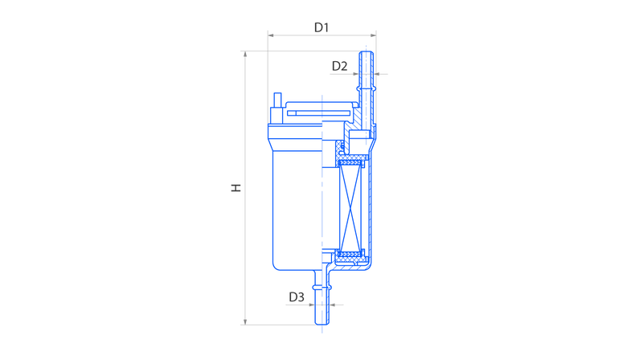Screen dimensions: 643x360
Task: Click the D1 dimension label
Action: click(x=321, y=27)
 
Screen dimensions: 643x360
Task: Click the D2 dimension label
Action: click(x=339, y=66)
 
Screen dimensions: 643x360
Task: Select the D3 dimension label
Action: click(x=297, y=297)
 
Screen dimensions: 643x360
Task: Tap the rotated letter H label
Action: click(x=236, y=188)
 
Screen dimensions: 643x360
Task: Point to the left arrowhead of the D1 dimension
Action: click(x=271, y=35)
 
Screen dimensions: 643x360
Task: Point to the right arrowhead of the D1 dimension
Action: click(x=373, y=35)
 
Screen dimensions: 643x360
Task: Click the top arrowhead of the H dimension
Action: click(x=245, y=55)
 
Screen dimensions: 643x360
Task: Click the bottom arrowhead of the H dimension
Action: click(x=245, y=322)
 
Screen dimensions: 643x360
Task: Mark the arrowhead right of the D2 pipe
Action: click(x=377, y=74)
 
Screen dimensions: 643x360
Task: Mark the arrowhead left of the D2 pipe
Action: click(x=355, y=74)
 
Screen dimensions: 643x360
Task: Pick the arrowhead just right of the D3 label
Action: click(x=311, y=305)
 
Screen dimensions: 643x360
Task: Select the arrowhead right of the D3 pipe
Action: click(x=333, y=305)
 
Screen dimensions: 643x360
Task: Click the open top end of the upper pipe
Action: click(x=366, y=52)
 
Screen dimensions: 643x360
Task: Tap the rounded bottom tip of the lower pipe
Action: click(x=322, y=324)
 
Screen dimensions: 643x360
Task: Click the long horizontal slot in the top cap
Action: click(x=319, y=113)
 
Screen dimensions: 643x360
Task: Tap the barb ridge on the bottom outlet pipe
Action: click(x=322, y=287)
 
